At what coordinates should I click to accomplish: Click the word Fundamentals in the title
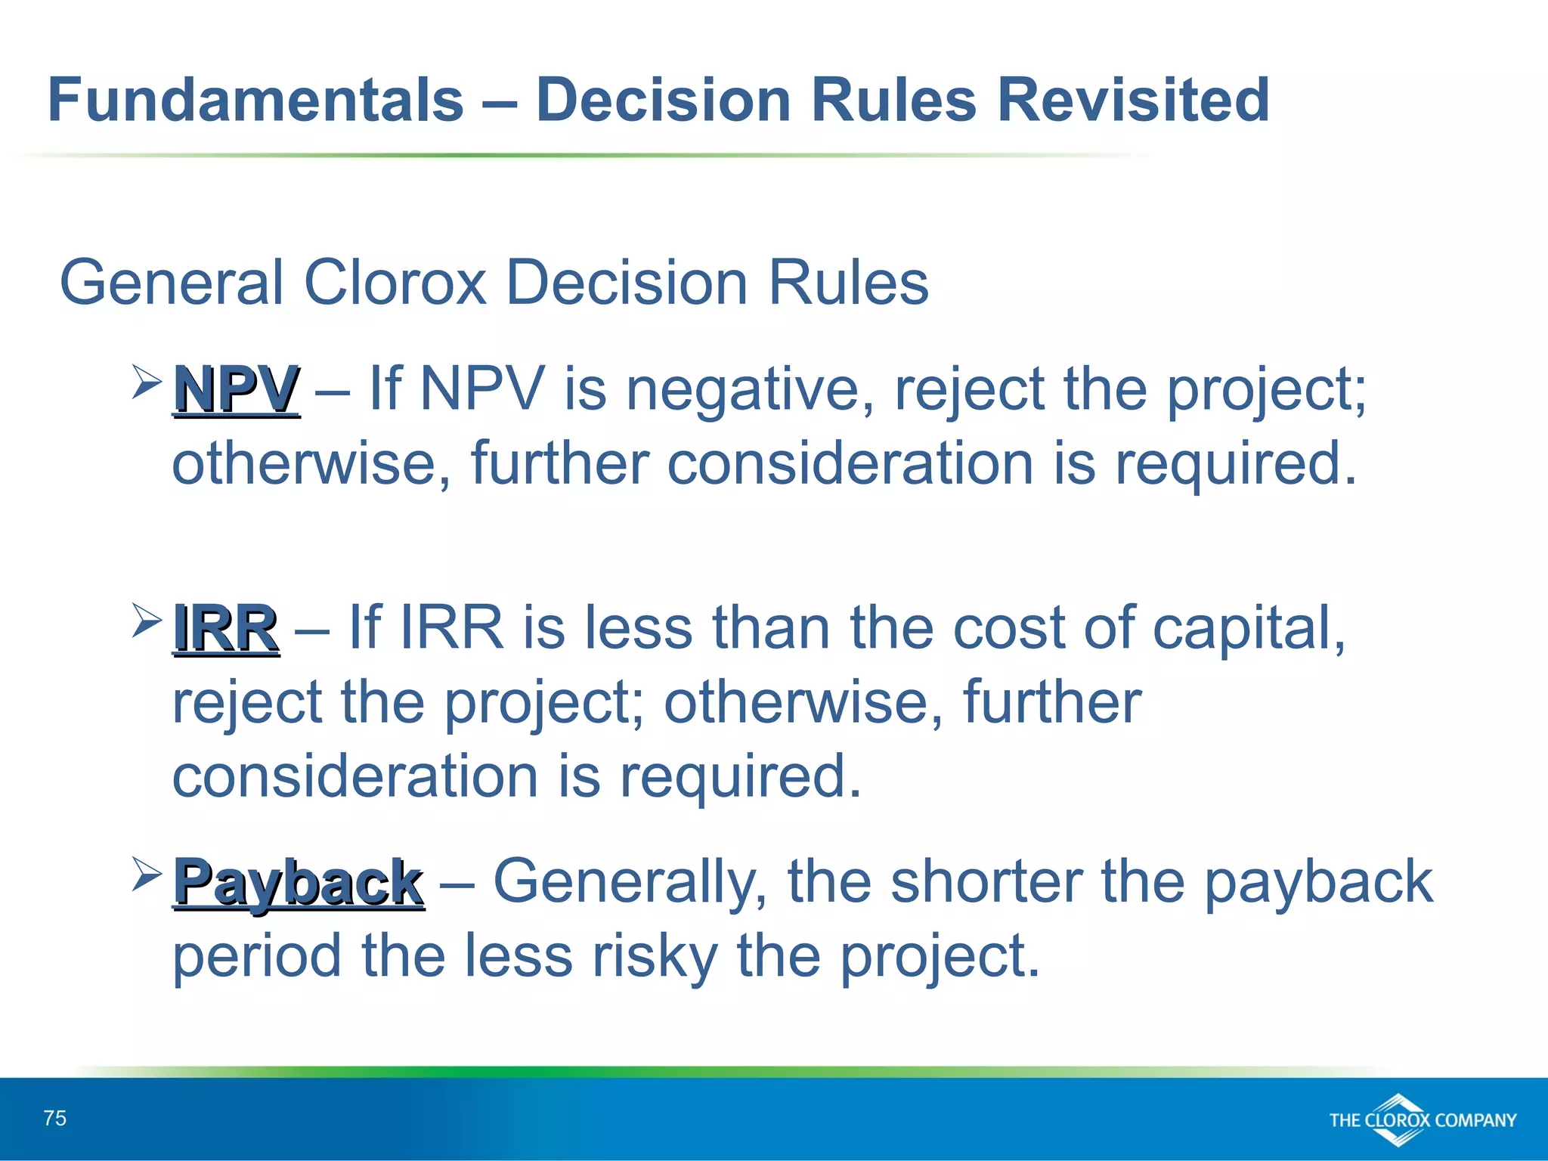point(255,100)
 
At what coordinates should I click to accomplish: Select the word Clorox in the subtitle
point(395,283)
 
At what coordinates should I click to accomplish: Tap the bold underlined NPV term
point(237,390)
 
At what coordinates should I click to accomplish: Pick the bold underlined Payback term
point(299,883)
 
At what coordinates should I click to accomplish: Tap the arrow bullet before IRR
point(147,619)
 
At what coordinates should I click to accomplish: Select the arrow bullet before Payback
point(147,873)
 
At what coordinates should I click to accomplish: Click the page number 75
point(55,1118)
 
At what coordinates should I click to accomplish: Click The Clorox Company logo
point(1423,1119)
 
